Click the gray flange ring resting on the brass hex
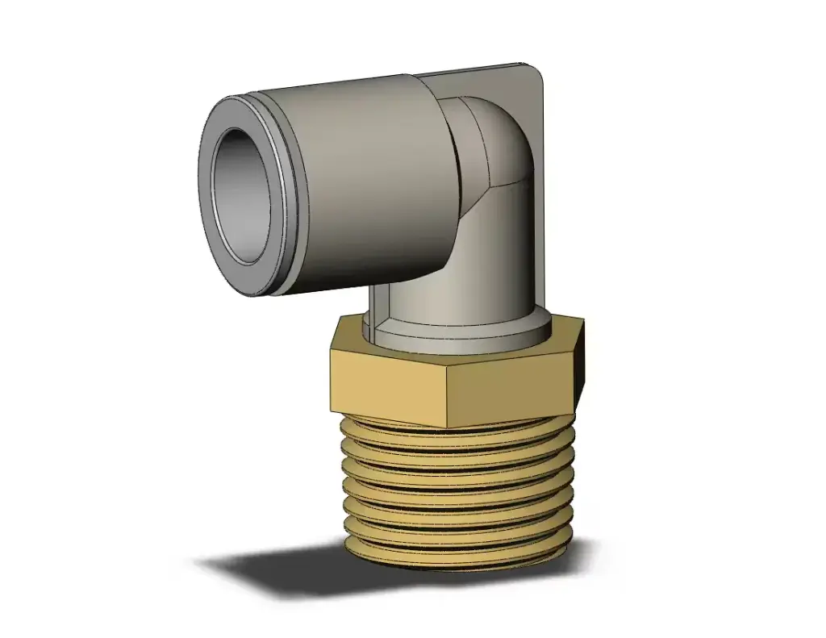coord(452,339)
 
